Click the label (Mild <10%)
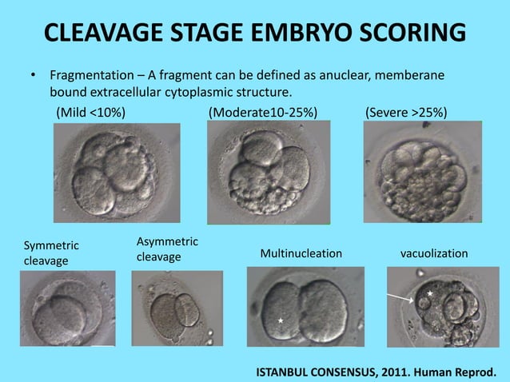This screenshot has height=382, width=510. (x=90, y=112)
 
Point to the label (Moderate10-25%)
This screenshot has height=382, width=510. (x=262, y=112)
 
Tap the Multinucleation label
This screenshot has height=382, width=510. (x=301, y=253)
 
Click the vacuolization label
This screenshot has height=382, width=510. (x=433, y=253)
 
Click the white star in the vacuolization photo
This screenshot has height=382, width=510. (x=430, y=294)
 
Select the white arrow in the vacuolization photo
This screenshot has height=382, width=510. (x=401, y=298)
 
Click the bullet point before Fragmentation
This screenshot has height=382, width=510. (x=33, y=77)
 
